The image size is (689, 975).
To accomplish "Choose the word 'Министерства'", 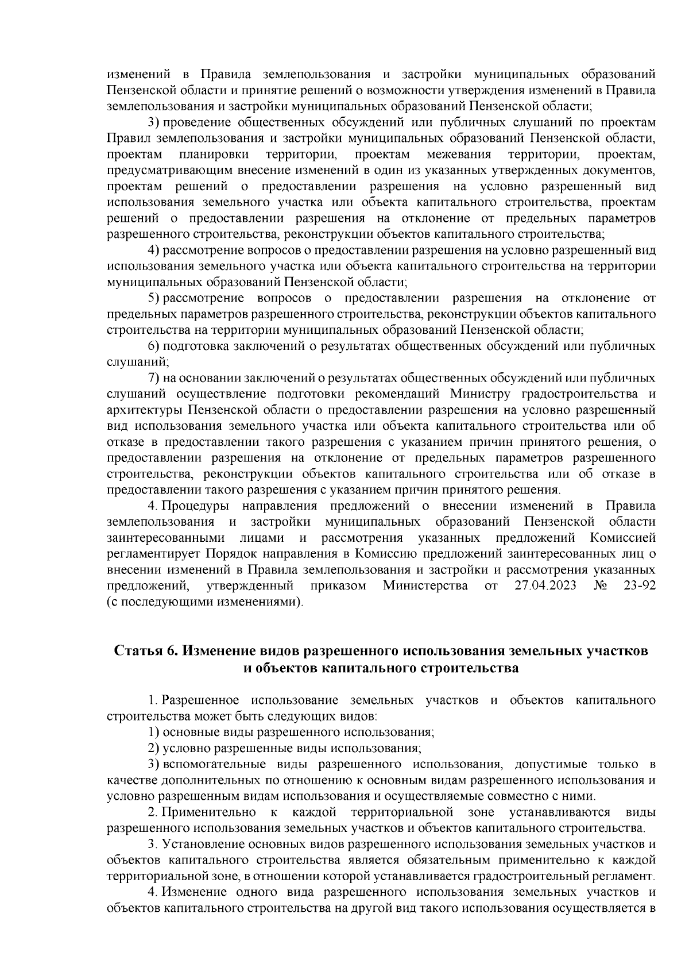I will click(425, 586).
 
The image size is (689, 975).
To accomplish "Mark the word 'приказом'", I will click(339, 586).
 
